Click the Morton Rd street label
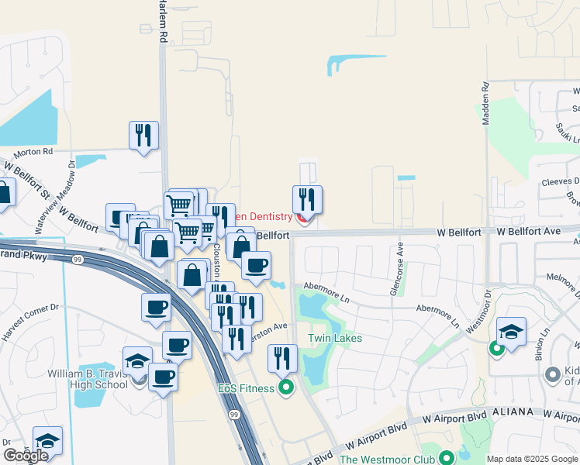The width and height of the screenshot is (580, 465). tap(37, 151)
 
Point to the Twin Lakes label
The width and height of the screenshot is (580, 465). tap(335, 338)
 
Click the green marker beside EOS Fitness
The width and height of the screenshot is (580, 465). tap(286, 387)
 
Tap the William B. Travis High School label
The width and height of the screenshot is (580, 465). tap(88, 379)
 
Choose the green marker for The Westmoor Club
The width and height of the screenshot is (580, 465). tap(446, 459)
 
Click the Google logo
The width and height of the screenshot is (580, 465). tap(25, 456)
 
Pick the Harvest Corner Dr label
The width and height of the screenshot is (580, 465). tap(30, 319)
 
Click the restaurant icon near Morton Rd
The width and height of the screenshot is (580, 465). tap(143, 136)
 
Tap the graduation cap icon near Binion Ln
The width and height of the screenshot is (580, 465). tap(511, 332)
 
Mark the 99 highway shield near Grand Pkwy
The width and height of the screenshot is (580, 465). tap(77, 259)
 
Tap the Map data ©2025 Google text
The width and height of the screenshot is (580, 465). tap(531, 459)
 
